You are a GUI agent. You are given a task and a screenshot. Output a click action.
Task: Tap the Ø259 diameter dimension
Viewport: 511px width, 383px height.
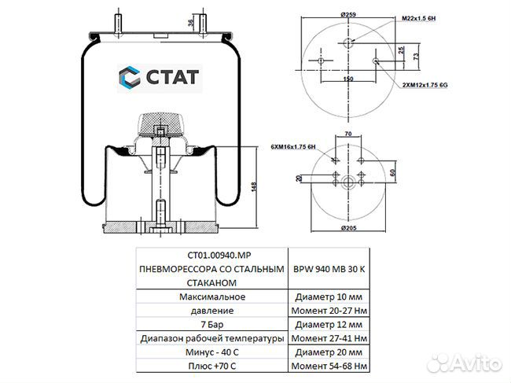coord(350,15)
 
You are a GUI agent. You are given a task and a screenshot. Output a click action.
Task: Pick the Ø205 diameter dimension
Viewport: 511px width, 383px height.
coord(350,228)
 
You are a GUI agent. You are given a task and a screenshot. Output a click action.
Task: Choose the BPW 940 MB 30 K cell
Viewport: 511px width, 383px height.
coord(328,268)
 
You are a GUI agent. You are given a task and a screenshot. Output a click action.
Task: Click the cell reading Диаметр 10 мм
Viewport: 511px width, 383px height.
coord(328,296)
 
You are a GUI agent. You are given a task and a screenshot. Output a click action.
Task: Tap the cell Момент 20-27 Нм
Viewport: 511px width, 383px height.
coord(328,311)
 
